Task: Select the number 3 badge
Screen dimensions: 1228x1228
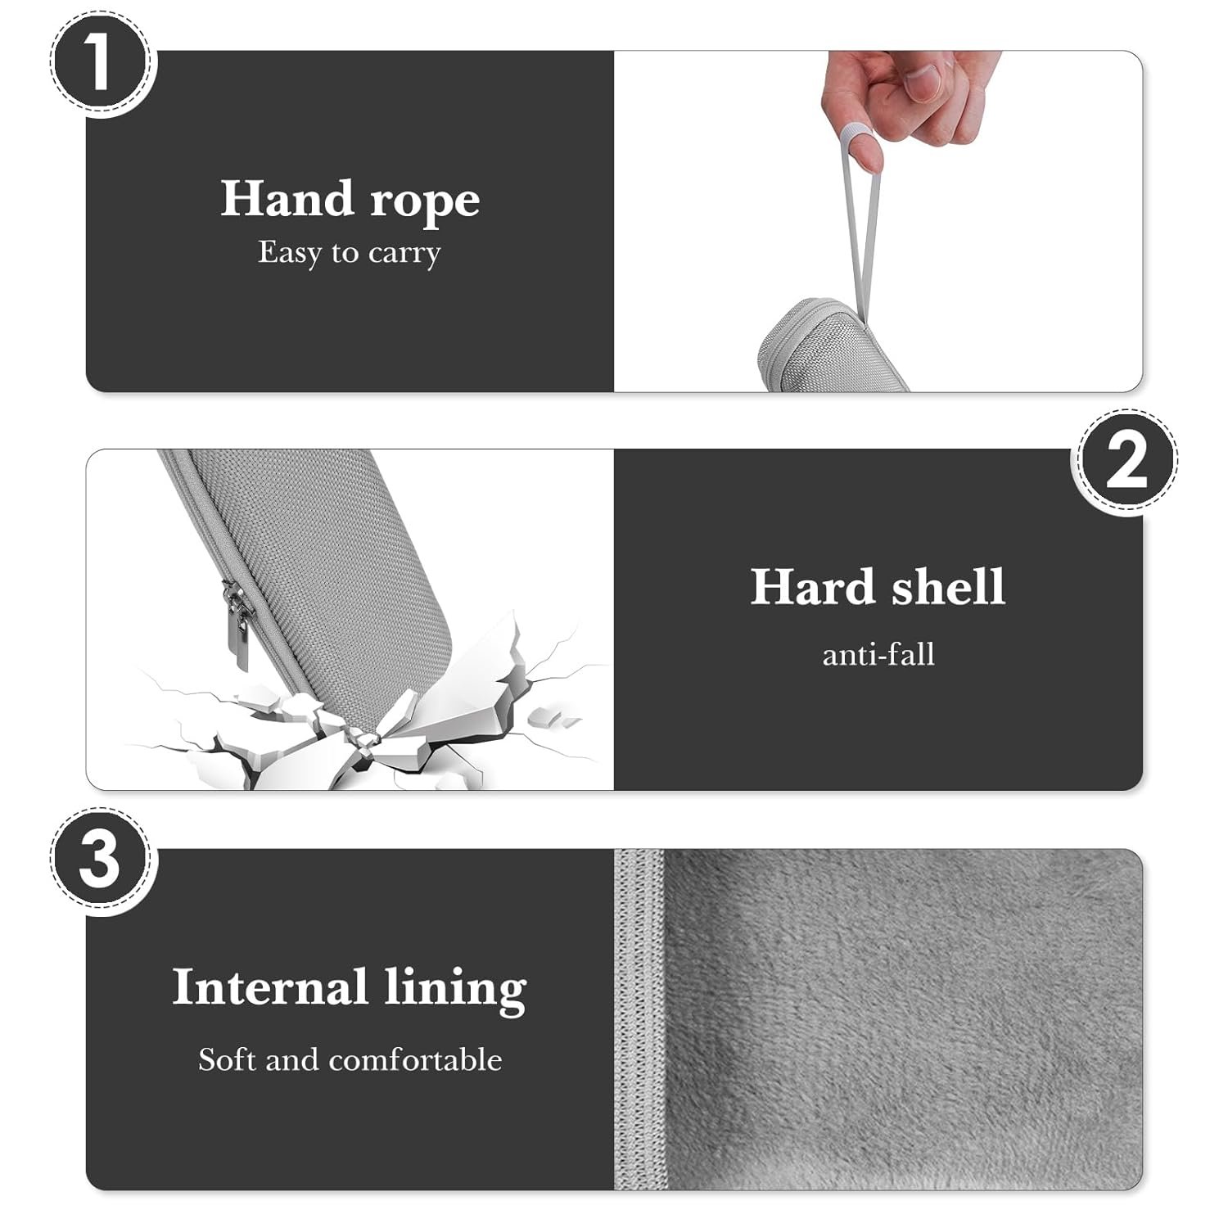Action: click(x=101, y=860)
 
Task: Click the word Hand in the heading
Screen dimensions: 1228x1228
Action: click(x=286, y=199)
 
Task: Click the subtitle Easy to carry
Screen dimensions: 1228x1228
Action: click(x=350, y=252)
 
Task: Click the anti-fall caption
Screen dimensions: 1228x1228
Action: click(x=878, y=655)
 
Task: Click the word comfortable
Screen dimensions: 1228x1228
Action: click(x=415, y=1059)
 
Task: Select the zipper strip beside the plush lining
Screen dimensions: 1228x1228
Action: click(x=639, y=1019)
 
